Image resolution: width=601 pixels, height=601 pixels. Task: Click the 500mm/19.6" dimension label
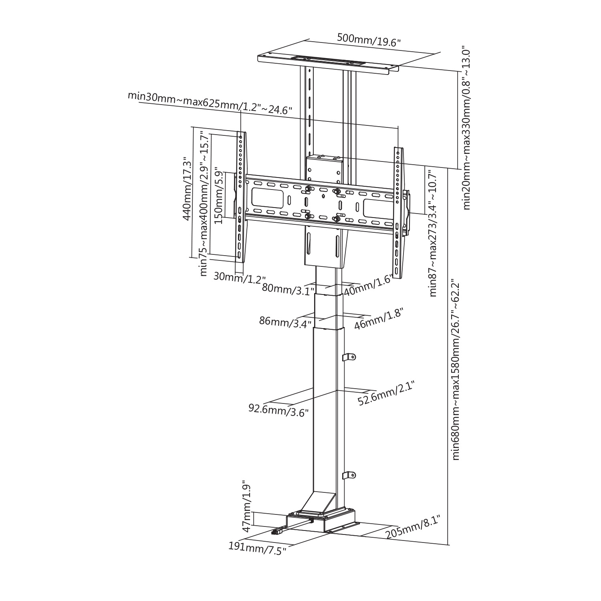pyautogui.click(x=369, y=40)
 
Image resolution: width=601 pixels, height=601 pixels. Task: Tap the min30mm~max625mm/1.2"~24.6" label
pyautogui.click(x=210, y=103)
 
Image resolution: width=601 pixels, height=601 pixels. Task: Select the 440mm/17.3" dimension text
pyautogui.click(x=187, y=188)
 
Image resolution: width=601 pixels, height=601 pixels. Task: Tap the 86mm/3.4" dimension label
pyautogui.click(x=286, y=322)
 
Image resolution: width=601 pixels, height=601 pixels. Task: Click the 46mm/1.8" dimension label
pyautogui.click(x=378, y=319)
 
